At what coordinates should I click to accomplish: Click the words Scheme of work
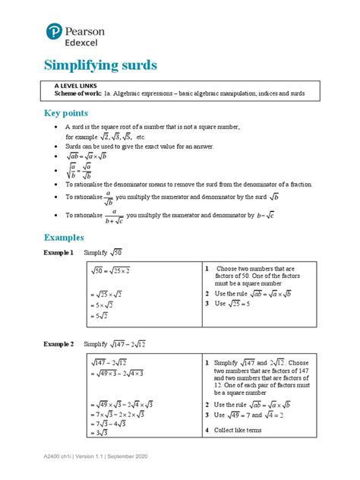coord(85,96)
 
